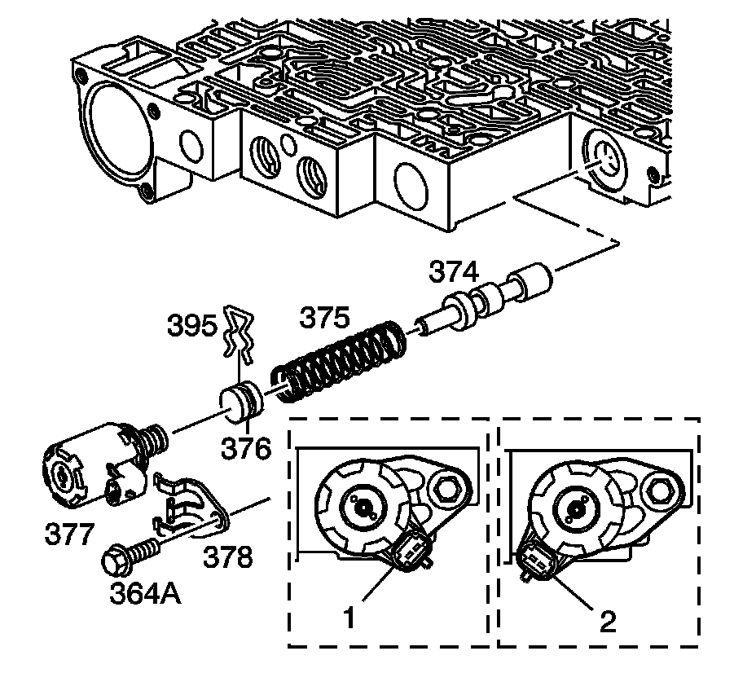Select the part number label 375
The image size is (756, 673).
click(327, 318)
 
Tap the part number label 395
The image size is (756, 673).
click(192, 327)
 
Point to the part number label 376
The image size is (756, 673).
click(248, 446)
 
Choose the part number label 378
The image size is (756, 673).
click(228, 557)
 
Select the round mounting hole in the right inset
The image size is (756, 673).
click(658, 490)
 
